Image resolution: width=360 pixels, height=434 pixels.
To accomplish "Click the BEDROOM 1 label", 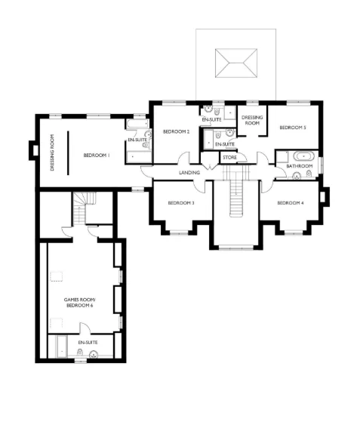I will click(x=97, y=155).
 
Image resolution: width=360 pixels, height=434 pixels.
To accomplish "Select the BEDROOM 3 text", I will click(x=181, y=202).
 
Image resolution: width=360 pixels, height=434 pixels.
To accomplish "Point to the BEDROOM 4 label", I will click(x=291, y=202).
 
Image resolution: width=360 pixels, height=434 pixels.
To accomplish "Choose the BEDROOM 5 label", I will click(x=293, y=128).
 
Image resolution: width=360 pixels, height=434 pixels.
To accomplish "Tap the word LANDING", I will click(x=189, y=173).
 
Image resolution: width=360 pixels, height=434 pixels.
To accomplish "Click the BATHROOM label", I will click(x=300, y=166).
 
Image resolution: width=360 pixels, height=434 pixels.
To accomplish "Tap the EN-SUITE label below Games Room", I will click(x=88, y=342).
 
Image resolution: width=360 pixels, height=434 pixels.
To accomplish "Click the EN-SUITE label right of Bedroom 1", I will click(x=137, y=140).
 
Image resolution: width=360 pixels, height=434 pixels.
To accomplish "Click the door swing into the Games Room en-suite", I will click(x=86, y=328).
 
